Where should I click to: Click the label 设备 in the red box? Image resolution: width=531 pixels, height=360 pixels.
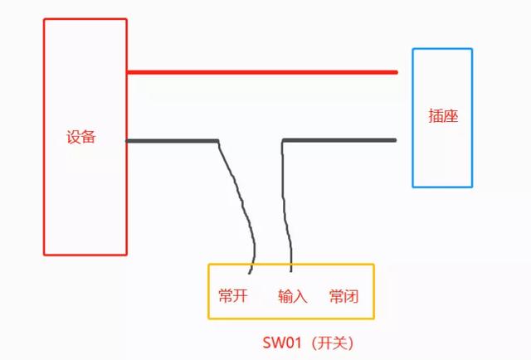(x=81, y=137)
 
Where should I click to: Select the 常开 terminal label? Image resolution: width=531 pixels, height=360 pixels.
(x=234, y=296)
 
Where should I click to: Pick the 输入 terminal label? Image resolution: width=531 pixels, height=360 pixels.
(x=292, y=296)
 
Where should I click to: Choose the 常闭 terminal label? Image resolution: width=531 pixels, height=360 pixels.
(x=343, y=296)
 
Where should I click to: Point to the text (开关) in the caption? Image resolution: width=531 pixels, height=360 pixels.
(x=331, y=342)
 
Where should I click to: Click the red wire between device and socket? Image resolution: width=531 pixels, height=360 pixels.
(x=261, y=72)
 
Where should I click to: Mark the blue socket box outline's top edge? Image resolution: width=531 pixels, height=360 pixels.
(x=442, y=49)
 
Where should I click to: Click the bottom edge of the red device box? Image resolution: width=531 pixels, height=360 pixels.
(x=85, y=254)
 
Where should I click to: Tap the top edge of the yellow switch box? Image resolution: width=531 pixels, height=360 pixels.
(x=290, y=265)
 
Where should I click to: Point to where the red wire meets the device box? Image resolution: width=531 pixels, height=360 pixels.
(x=128, y=72)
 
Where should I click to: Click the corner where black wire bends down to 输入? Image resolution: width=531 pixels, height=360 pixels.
(x=283, y=141)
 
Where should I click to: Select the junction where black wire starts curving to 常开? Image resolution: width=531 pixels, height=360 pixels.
(x=217, y=142)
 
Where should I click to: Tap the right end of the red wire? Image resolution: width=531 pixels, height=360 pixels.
(x=396, y=72)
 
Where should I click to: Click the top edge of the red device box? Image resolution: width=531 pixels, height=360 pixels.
(x=85, y=19)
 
